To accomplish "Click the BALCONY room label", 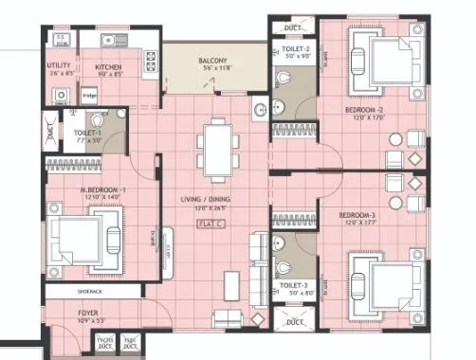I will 211,61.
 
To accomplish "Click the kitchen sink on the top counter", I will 111,41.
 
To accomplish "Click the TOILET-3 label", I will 293,284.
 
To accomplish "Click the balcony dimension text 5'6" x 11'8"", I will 211,69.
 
